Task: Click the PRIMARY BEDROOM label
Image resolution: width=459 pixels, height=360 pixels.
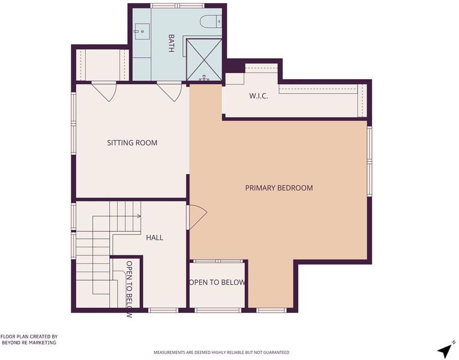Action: tap(279, 188)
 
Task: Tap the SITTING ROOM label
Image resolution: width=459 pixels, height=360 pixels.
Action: tap(132, 143)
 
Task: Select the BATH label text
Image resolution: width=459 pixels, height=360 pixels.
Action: tap(171, 43)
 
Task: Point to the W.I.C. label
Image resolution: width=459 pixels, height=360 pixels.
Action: tap(259, 96)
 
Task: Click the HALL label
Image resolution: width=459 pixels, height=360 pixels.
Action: tap(155, 238)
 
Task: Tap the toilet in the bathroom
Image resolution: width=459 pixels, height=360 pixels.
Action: tap(211, 22)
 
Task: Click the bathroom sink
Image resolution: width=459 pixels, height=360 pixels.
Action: tap(142, 31)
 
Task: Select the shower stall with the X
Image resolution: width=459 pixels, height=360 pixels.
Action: tap(204, 60)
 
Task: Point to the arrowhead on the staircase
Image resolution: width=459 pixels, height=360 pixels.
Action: tap(139, 216)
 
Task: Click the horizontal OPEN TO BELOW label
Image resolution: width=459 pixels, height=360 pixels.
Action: tap(217, 283)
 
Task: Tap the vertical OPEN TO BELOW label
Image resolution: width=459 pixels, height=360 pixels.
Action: tap(129, 289)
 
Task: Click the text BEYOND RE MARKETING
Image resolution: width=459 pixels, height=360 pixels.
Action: tap(29, 343)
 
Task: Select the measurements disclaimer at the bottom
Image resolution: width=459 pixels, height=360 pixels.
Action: tap(221, 352)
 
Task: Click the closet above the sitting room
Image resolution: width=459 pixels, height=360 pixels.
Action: tap(103, 65)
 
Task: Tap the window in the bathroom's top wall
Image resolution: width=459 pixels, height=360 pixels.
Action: tap(178, 5)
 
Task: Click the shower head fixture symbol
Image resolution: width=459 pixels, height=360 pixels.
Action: tap(204, 78)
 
